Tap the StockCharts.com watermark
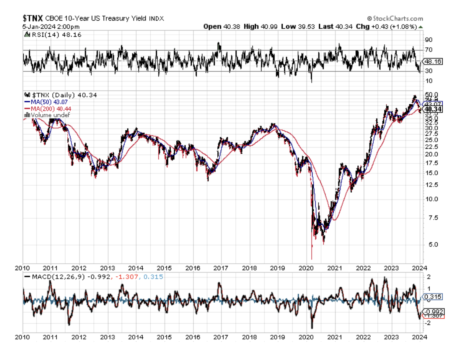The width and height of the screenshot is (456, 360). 395,18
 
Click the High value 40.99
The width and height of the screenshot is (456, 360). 262,26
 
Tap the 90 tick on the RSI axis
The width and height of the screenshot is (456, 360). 429,40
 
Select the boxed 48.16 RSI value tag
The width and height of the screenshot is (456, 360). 432,61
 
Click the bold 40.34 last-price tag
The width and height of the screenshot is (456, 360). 435,109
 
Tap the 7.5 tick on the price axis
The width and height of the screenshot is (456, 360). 430,218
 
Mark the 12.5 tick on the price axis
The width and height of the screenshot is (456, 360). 431,185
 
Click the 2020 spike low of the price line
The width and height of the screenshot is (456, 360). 312,258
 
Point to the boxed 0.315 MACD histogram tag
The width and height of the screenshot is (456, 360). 433,297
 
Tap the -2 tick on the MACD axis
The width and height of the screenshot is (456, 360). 428,323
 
